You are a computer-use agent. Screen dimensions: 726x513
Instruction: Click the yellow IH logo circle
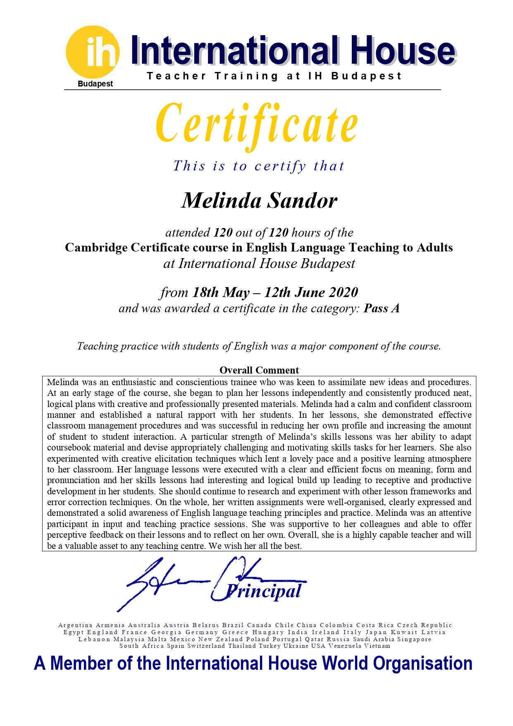(x=93, y=52)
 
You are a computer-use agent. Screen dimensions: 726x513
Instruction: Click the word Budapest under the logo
(x=95, y=84)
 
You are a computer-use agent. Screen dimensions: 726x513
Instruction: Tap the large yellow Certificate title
(x=257, y=124)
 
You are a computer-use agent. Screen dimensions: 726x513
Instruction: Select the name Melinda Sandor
(x=259, y=201)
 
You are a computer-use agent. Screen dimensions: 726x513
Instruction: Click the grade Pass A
(x=382, y=309)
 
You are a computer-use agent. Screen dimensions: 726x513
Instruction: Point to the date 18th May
(x=221, y=292)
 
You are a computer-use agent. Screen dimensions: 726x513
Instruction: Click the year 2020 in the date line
(x=344, y=292)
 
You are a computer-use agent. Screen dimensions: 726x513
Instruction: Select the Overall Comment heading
(x=259, y=370)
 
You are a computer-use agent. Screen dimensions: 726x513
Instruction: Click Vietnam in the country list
(x=377, y=646)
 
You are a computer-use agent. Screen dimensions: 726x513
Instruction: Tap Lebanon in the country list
(x=94, y=640)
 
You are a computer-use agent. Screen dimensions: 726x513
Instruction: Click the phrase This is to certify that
(x=259, y=166)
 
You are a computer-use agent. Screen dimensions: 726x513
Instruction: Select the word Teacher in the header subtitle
(x=176, y=76)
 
